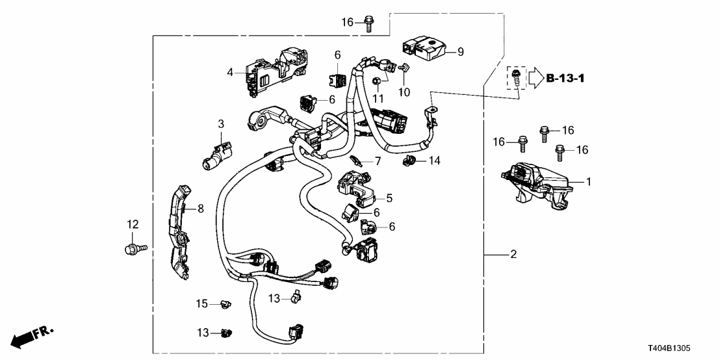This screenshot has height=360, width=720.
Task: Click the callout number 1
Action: (589, 183)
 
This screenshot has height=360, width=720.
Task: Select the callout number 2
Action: (513, 255)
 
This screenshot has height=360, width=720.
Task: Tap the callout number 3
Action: (220, 123)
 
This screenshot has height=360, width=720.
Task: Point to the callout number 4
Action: (229, 72)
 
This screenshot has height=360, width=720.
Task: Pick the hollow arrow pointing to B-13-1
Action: (535, 79)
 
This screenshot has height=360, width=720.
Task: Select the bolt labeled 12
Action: (135, 248)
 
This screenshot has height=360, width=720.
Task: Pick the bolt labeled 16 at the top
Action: (368, 22)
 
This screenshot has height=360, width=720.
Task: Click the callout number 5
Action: (390, 198)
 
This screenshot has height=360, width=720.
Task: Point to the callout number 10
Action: (404, 92)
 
